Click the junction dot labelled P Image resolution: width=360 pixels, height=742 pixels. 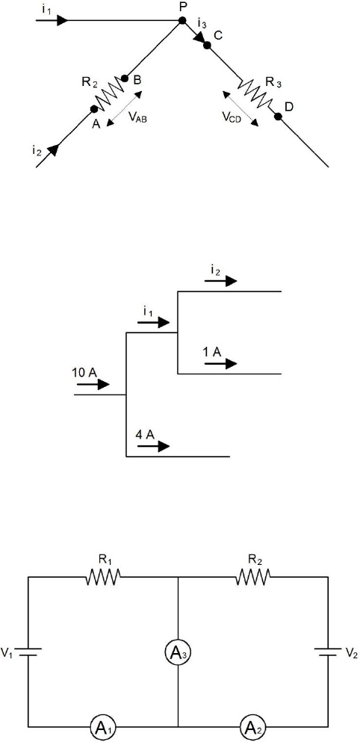click(182, 21)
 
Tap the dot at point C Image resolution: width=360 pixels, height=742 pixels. click(207, 46)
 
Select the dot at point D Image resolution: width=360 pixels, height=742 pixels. click(278, 117)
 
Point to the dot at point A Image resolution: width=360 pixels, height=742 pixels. click(94, 109)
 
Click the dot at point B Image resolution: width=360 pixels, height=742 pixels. click(125, 78)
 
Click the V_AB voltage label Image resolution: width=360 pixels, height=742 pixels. click(137, 118)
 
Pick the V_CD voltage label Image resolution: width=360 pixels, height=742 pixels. click(232, 118)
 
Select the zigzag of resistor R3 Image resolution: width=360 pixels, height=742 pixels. click(255, 93)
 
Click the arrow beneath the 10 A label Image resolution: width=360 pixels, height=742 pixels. click(93, 384)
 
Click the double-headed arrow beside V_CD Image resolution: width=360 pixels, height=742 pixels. click(240, 109)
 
